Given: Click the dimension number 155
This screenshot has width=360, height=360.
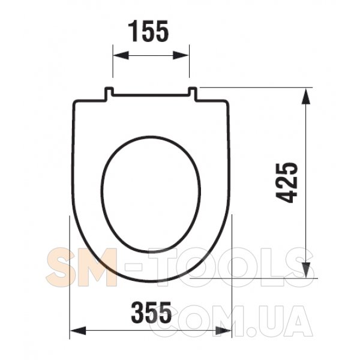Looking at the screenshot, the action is coord(149,31).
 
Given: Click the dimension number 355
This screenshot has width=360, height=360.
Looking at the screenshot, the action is coord(151,312).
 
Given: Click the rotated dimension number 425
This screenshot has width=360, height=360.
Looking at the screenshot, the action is coord(286,183).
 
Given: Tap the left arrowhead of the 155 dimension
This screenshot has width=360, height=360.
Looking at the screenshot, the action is coord(121,55).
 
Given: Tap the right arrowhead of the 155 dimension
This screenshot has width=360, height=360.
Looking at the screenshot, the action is coord(181,55).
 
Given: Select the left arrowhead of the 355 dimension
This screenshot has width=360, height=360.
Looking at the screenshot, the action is coord(78,331).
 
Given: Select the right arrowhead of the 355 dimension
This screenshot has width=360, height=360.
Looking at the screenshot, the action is coord(223,331).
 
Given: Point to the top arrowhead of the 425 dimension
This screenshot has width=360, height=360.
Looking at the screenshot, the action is coord(306,96).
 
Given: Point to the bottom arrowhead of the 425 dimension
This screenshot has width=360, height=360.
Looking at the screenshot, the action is coord(306,270).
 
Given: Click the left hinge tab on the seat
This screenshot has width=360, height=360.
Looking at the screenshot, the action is coord(109,93).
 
